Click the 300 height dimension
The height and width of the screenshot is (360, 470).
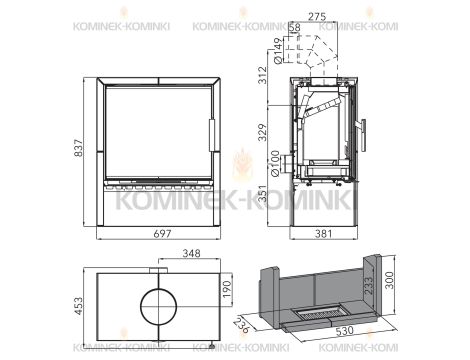(401, 287)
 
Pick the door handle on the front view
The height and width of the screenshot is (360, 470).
(211, 134)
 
